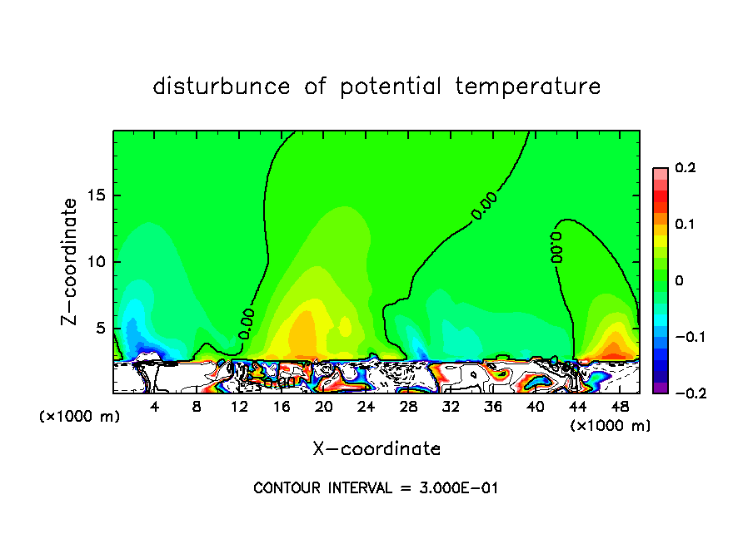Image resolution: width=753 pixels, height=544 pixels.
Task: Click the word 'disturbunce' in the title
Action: pyautogui.click(x=221, y=87)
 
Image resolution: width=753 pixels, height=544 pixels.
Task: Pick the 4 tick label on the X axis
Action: pyautogui.click(x=155, y=407)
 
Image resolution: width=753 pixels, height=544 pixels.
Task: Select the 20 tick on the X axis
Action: pyautogui.click(x=324, y=407)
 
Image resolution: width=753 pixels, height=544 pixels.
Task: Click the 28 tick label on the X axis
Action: pyautogui.click(x=408, y=407)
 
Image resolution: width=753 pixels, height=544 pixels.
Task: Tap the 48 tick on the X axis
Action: pyautogui.click(x=619, y=407)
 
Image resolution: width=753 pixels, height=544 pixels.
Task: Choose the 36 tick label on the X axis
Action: pyautogui.click(x=493, y=407)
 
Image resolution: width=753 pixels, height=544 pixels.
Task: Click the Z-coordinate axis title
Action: pyautogui.click(x=70, y=261)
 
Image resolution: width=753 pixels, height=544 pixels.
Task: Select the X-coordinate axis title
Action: pyautogui.click(x=376, y=449)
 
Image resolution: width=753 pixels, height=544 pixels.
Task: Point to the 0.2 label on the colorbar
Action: pyautogui.click(x=685, y=168)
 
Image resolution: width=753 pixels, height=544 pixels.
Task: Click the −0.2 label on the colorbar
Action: pyautogui.click(x=685, y=393)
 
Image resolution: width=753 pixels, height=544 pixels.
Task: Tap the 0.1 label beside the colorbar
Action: pyautogui.click(x=685, y=225)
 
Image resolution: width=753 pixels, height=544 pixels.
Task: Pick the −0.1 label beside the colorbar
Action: pyautogui.click(x=685, y=337)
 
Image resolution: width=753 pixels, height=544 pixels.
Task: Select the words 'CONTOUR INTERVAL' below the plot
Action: pyautogui.click(x=321, y=488)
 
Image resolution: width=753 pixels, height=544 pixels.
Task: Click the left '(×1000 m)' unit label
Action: pyautogui.click(x=79, y=417)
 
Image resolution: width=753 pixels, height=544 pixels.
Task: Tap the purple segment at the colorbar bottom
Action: pyautogui.click(x=660, y=387)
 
